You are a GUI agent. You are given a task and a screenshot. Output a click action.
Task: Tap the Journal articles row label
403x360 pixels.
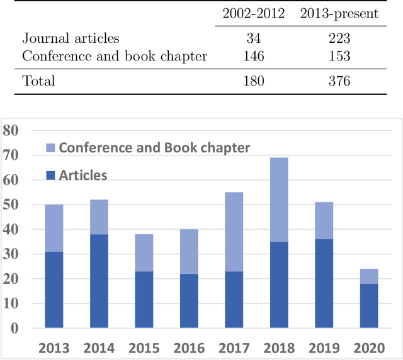tap(71, 39)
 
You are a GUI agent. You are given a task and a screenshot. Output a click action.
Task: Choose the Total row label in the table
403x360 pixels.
tap(38, 81)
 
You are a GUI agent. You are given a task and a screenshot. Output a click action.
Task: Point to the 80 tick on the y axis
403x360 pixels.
tap(11, 131)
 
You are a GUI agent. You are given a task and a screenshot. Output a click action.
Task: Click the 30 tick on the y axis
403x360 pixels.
tap(11, 254)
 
